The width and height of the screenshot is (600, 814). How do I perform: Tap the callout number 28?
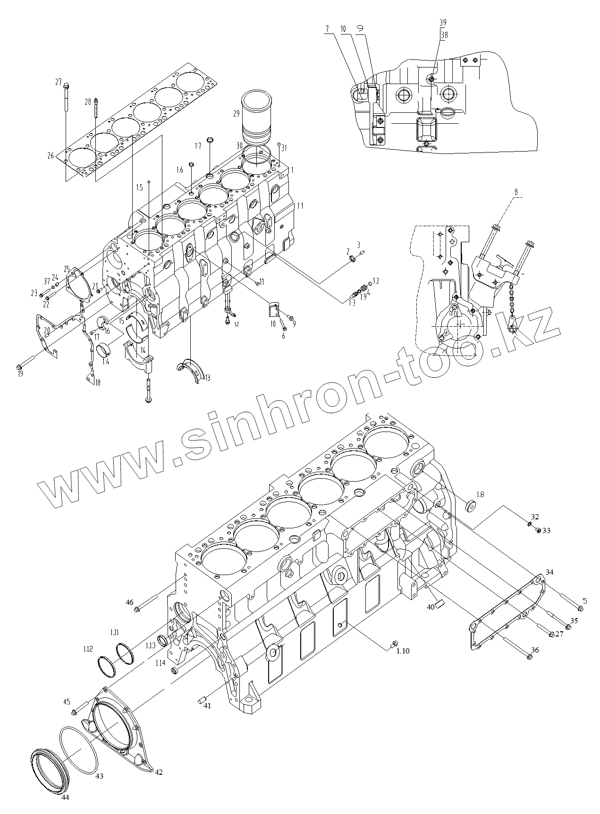pos(88,102)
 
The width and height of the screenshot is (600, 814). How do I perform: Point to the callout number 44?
pos(65,798)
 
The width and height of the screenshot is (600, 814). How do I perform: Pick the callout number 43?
pos(100,776)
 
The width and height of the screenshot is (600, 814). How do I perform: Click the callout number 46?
pos(129,602)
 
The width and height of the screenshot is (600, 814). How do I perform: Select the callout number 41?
pos(207,705)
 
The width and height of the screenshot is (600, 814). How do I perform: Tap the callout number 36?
pos(535,650)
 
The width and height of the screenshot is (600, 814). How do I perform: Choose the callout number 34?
pos(549,572)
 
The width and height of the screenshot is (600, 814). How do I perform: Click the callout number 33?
pos(546,531)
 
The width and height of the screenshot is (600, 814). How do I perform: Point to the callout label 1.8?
pos(480,494)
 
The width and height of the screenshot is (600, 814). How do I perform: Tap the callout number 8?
pos(516,192)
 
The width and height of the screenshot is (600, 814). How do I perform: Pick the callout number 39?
pos(443,23)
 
